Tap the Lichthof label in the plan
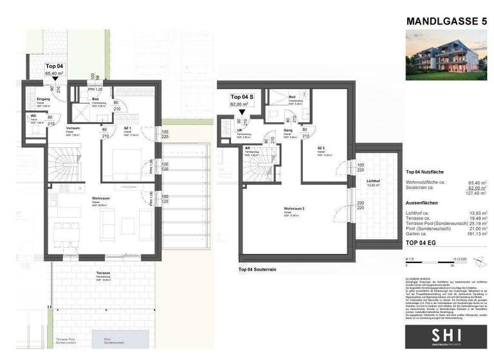coord(372,181)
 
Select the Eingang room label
coord(35,99)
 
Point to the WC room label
coord(32,118)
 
